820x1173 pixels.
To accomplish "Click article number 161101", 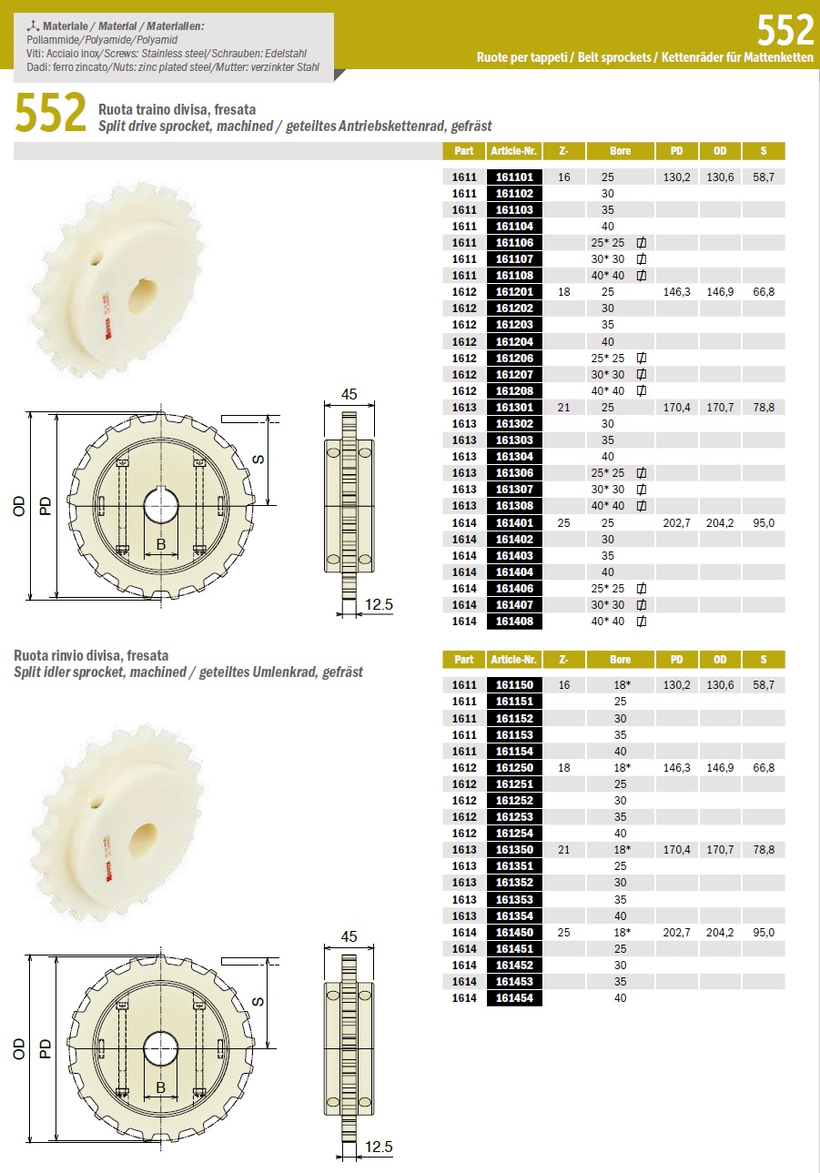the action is (x=514, y=177).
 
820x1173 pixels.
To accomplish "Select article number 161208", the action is (x=514, y=390).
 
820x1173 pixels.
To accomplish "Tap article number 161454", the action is (x=514, y=997).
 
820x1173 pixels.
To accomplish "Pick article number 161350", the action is (x=514, y=849).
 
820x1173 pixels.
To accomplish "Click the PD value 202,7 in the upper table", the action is (x=676, y=522).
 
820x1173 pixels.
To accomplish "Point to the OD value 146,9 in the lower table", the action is (x=720, y=767).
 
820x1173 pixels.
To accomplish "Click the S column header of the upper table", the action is (x=764, y=151).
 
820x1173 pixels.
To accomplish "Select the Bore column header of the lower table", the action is (x=620, y=659).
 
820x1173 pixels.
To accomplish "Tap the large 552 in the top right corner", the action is (x=785, y=30).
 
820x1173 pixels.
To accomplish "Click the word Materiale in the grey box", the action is (x=66, y=26).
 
